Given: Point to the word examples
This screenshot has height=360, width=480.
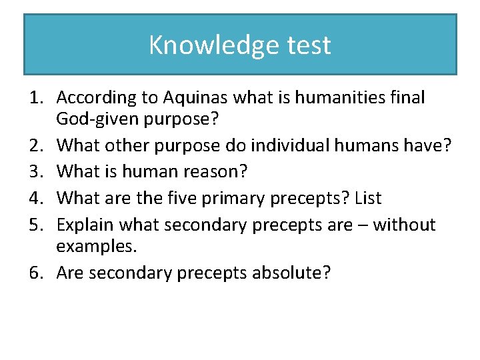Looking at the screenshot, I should coord(96,246).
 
